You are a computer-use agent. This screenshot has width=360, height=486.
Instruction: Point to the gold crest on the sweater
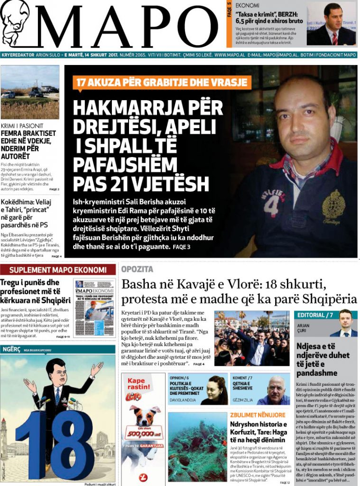coord(333,206)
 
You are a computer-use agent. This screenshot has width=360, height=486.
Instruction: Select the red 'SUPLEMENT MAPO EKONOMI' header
coord(58,270)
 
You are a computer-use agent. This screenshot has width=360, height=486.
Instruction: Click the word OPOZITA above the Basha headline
coord(137,269)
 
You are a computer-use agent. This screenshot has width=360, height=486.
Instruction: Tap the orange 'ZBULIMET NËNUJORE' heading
coord(258,415)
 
